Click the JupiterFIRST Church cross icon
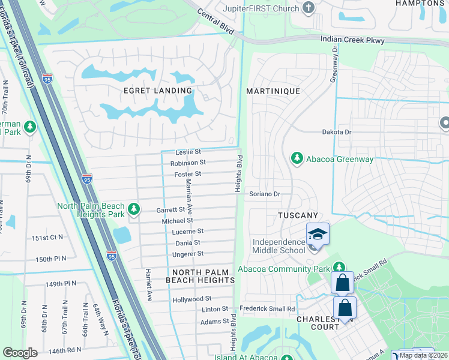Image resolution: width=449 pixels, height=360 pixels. tap(309, 8)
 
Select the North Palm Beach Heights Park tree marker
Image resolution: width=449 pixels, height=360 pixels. tap(134, 208)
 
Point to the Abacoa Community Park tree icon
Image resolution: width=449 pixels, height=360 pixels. tap(339, 268)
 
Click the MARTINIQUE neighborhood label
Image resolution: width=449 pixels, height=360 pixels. tap(273, 91)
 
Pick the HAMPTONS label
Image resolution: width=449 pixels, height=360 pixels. tap(420, 3)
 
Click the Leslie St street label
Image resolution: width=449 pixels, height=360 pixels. tap(188, 152)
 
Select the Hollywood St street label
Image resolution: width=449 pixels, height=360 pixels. tap(191, 298)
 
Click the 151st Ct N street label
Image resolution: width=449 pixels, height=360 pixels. tap(48, 238)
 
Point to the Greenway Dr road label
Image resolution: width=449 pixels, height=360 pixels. tap(334, 64)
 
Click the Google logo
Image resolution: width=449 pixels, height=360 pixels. tap(20, 353)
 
